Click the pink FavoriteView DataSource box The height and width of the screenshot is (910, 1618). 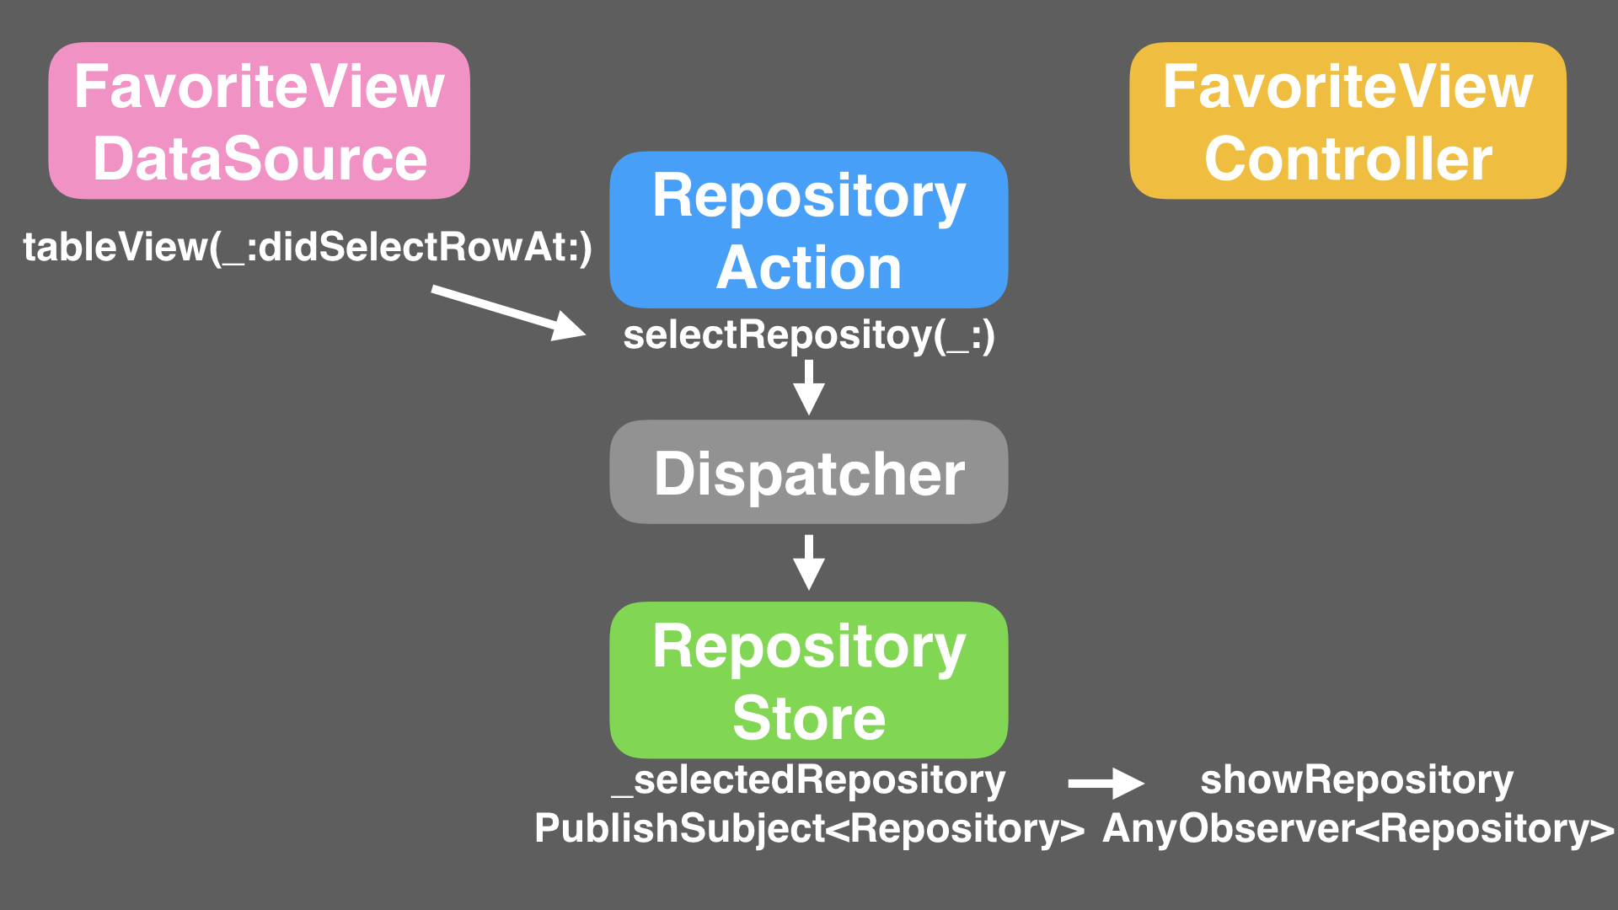tap(259, 121)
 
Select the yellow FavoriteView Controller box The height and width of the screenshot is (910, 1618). tap(1347, 121)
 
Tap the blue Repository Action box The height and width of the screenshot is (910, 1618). tap(808, 229)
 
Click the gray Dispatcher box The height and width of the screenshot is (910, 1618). tap(808, 472)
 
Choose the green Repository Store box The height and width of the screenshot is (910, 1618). tap(808, 679)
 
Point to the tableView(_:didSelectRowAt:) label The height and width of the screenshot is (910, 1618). tap(308, 248)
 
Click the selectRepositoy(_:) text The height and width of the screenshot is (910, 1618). tap(808, 335)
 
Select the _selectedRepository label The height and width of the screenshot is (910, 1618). tap(808, 780)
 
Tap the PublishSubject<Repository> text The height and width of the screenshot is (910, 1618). tap(808, 828)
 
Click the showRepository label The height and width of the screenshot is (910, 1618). tap(1356, 780)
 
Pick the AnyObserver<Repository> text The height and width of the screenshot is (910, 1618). tap(1358, 828)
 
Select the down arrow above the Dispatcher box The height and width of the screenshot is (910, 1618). tap(808, 387)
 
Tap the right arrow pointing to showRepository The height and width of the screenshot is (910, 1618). tap(1105, 783)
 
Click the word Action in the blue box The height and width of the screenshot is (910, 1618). tap(808, 268)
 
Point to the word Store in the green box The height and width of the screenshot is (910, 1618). tap(808, 718)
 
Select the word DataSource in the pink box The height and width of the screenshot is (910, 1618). tap(260, 159)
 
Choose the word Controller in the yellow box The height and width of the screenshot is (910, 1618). tap(1347, 159)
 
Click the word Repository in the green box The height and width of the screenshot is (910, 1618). tap(808, 647)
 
